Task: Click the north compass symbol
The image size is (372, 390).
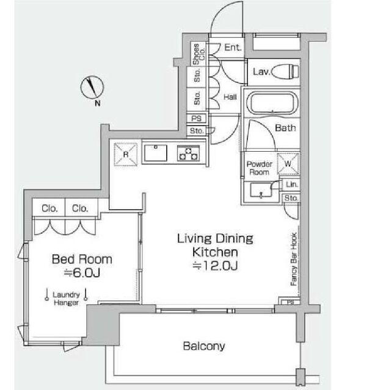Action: pyautogui.click(x=92, y=87)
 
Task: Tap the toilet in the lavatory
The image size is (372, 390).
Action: pyautogui.click(x=285, y=71)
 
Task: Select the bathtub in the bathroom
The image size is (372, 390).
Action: pyautogui.click(x=272, y=103)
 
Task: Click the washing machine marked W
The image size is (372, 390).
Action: pyautogui.click(x=288, y=163)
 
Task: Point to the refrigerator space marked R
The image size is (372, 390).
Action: pyautogui.click(x=126, y=154)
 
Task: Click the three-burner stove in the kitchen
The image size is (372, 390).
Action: pyautogui.click(x=189, y=153)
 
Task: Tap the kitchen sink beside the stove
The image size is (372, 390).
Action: pyautogui.click(x=156, y=153)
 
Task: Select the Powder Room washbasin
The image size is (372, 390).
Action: pyautogui.click(x=261, y=191)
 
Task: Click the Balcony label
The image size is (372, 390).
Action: pyautogui.click(x=204, y=346)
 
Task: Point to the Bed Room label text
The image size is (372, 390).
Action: pyautogui.click(x=82, y=259)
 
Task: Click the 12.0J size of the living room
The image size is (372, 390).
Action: pyautogui.click(x=215, y=266)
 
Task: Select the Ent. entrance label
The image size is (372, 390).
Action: pyautogui.click(x=233, y=48)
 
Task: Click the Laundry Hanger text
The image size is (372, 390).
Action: pyautogui.click(x=67, y=299)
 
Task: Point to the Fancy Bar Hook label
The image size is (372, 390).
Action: pyautogui.click(x=294, y=259)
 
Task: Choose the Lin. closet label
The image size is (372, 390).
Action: pyautogui.click(x=292, y=184)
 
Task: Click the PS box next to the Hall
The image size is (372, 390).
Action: pyautogui.click(x=197, y=118)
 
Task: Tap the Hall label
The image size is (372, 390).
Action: pyautogui.click(x=230, y=97)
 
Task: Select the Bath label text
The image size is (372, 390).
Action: pyautogui.click(x=285, y=128)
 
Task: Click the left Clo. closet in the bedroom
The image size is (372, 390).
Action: pyautogui.click(x=49, y=208)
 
